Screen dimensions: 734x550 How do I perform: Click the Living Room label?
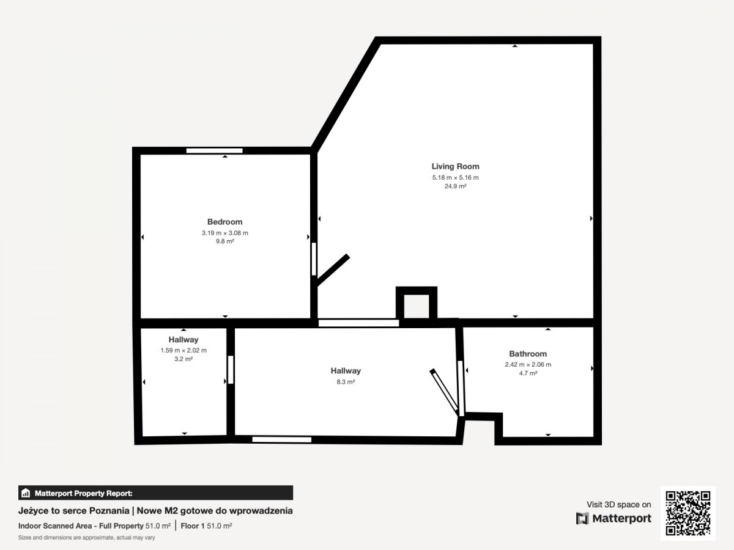(455, 166)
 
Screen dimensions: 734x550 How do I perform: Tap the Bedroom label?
(224, 222)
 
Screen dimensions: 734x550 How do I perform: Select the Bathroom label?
(528, 354)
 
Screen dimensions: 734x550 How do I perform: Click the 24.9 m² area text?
(455, 186)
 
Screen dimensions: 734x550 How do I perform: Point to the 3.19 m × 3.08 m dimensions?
(224, 233)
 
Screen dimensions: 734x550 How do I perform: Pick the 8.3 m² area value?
(346, 382)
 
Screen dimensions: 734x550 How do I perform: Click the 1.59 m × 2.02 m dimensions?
(183, 350)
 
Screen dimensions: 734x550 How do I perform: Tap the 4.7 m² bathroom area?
(528, 373)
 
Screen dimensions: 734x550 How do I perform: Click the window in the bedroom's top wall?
(214, 150)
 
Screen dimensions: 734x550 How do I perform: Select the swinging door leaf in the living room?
(333, 270)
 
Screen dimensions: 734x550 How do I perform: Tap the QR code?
(688, 513)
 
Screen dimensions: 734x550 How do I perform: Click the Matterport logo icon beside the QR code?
(582, 518)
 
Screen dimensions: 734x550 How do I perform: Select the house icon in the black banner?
(26, 493)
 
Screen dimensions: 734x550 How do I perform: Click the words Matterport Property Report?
(84, 493)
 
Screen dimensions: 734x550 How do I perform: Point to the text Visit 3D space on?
(618, 505)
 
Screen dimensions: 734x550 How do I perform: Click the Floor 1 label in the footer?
(192, 526)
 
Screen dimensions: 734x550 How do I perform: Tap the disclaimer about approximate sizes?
(87, 538)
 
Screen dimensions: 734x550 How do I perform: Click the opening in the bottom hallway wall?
(282, 440)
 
